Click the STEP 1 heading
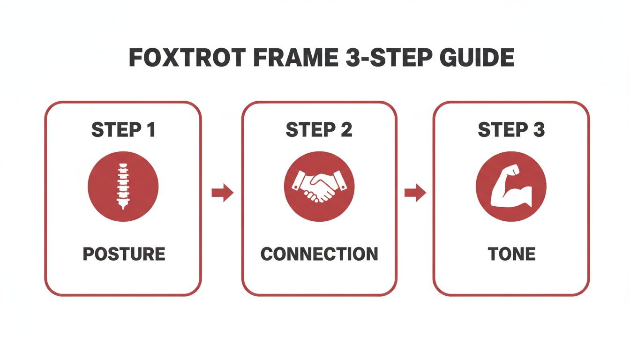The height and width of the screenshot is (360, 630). (x=123, y=130)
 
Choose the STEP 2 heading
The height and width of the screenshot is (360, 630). (x=319, y=130)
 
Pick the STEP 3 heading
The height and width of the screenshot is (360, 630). (x=511, y=130)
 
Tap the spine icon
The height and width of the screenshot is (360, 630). (x=123, y=186)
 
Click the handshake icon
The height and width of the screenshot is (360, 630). (x=319, y=186)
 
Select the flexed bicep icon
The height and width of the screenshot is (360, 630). (x=511, y=186)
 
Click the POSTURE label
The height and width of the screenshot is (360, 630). (x=124, y=254)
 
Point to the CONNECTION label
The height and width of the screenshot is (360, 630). (x=319, y=254)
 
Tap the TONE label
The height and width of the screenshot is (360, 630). (x=511, y=254)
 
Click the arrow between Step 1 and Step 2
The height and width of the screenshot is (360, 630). (x=222, y=193)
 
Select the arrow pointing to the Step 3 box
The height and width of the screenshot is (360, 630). (x=415, y=193)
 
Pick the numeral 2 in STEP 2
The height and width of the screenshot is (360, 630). (x=346, y=130)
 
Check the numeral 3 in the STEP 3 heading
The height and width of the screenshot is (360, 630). (x=539, y=130)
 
